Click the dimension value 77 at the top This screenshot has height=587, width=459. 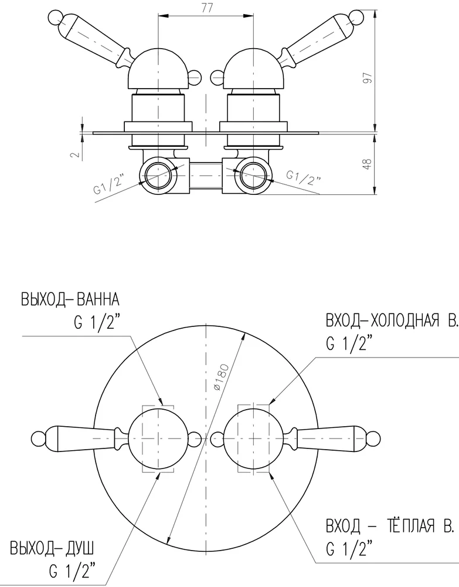point(206,8)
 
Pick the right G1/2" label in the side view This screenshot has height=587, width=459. point(303,177)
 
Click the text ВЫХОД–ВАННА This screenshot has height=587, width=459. point(70,301)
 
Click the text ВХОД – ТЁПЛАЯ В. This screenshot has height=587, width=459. point(390,527)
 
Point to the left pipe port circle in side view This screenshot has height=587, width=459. point(158,174)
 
